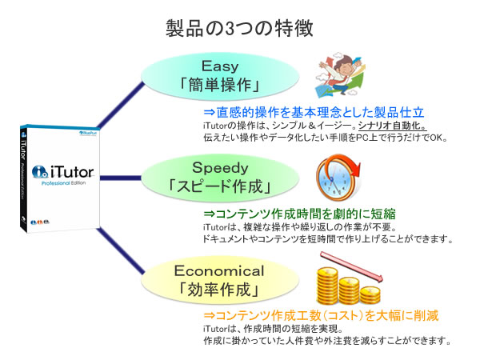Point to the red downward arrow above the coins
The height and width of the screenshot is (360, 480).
tap(359, 267)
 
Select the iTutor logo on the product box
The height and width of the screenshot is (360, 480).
tap(63, 172)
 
